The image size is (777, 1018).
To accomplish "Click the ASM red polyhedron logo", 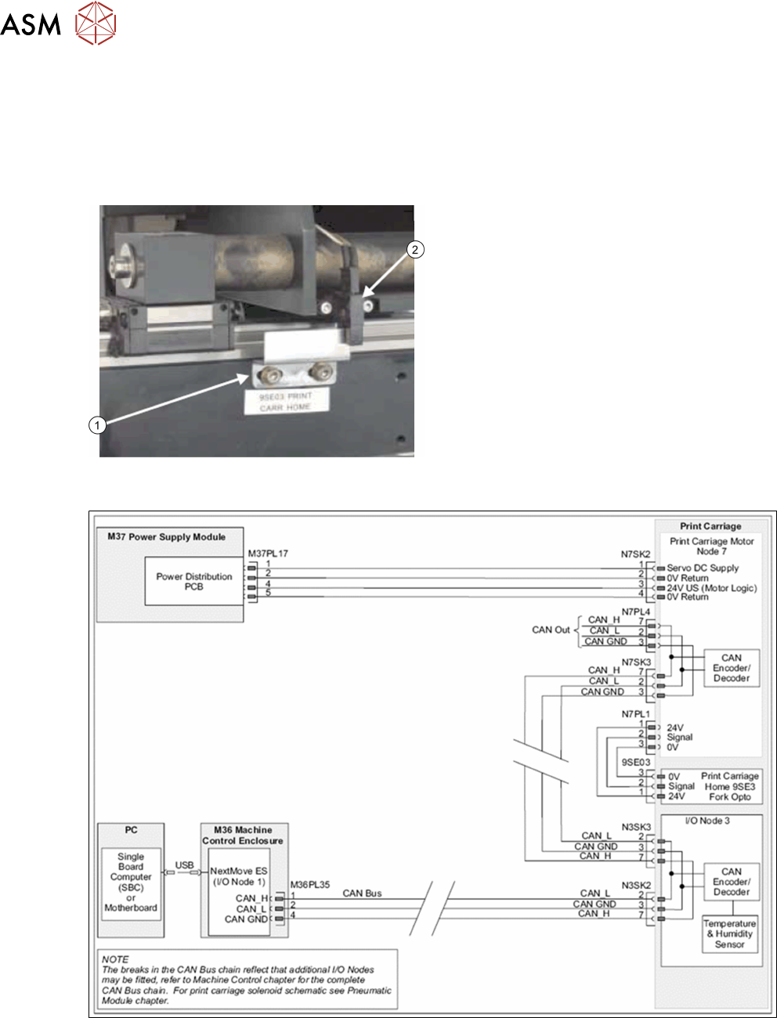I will coord(96,23).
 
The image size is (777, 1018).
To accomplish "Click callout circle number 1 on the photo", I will coord(97,425).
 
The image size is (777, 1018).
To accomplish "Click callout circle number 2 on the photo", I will coord(415,250).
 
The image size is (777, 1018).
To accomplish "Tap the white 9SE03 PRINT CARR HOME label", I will coord(285,402).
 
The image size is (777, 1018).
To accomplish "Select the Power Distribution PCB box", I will coord(194,581).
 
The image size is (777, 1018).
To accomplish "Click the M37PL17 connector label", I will coord(268,554).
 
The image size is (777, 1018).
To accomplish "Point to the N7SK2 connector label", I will coord(636,554).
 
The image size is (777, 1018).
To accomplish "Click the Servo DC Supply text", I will coord(703,568).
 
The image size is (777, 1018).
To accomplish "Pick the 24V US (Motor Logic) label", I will coord(711,587).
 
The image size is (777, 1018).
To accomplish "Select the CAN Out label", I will coord(551,630).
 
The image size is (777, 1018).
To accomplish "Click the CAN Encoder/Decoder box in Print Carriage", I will coord(731,668).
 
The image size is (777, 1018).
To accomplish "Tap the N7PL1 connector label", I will coord(636,714).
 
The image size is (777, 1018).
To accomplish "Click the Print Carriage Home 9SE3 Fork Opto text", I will coord(729,786).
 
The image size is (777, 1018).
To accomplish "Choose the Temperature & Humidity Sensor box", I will coord(729,933).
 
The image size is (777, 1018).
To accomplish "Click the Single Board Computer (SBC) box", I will coord(131,882).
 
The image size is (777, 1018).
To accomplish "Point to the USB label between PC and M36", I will coord(184,865).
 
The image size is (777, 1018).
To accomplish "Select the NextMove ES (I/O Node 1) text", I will coord(238,875).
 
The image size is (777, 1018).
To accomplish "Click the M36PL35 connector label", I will coord(309,885).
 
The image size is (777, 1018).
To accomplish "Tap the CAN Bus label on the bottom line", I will coord(362,893).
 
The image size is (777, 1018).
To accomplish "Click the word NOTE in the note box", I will coord(115,958).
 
